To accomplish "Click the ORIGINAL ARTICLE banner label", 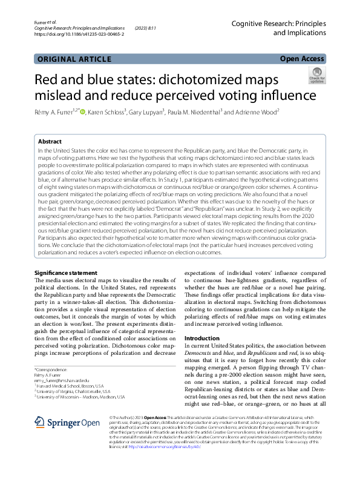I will (74, 59).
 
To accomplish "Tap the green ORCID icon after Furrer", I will (82, 111).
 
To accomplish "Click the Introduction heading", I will (201, 338).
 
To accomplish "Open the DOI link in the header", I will (79, 35).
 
